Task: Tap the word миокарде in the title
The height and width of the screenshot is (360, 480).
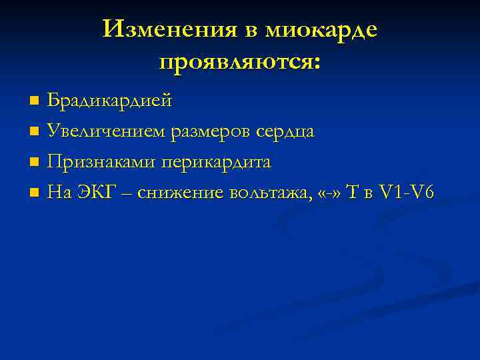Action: pyautogui.click(x=321, y=29)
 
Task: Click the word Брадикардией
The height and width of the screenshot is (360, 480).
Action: pyautogui.click(x=109, y=101)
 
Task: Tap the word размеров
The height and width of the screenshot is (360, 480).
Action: pyautogui.click(x=213, y=132)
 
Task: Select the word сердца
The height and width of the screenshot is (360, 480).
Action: pyautogui.click(x=287, y=132)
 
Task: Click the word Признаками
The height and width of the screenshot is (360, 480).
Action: pyautogui.click(x=100, y=163)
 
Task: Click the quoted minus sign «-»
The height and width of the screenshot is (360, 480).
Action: pyautogui.click(x=332, y=193)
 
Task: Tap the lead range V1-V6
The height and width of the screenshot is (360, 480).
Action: pyautogui.click(x=407, y=193)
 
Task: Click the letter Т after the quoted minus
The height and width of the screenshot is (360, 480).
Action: pyautogui.click(x=354, y=193)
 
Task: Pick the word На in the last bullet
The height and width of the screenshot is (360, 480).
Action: pyautogui.click(x=60, y=193)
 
